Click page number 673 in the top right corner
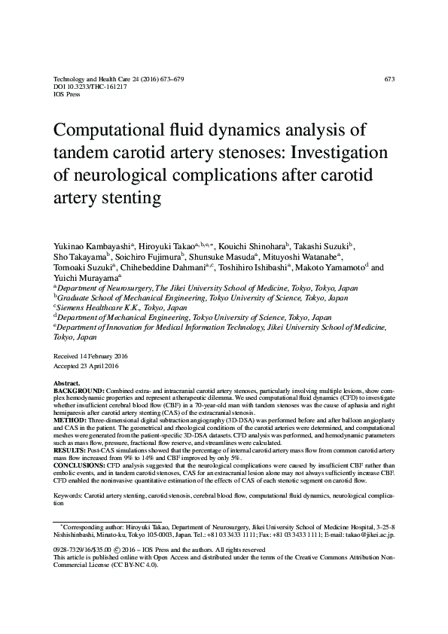(x=389, y=79)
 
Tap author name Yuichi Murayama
(x=83, y=277)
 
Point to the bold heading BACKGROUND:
(x=79, y=392)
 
